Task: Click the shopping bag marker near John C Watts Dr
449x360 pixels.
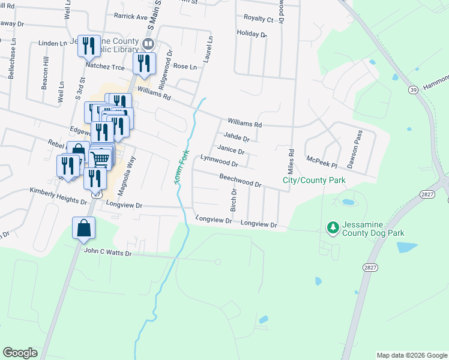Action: [83, 229]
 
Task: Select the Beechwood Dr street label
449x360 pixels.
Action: [240, 181]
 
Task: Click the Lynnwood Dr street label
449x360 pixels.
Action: [220, 161]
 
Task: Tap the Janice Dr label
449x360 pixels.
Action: [231, 149]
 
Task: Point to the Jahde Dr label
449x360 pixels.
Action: [237, 137]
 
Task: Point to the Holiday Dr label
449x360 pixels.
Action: [251, 34]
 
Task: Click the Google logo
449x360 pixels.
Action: [20, 353]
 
